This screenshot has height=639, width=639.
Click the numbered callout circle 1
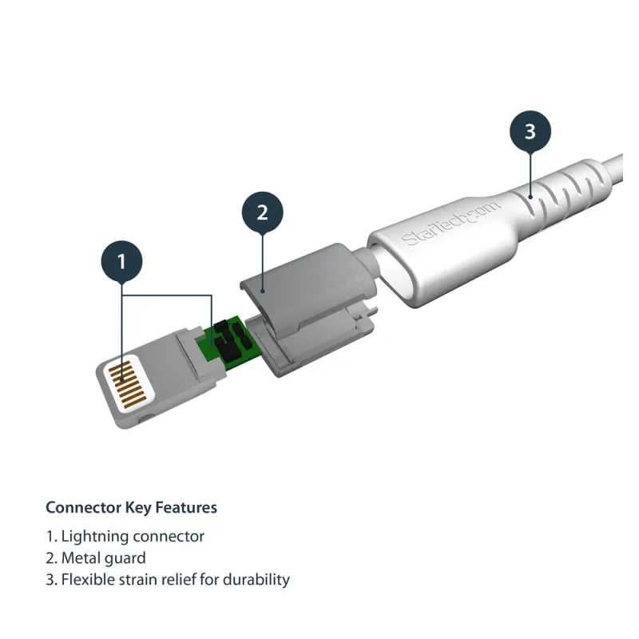pyautogui.click(x=122, y=260)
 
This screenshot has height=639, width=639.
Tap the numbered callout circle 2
pyautogui.click(x=261, y=212)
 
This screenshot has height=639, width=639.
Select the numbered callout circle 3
pyautogui.click(x=530, y=130)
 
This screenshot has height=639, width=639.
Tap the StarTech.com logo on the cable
pyautogui.click(x=450, y=223)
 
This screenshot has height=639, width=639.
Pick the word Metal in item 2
pyautogui.click(x=81, y=558)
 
